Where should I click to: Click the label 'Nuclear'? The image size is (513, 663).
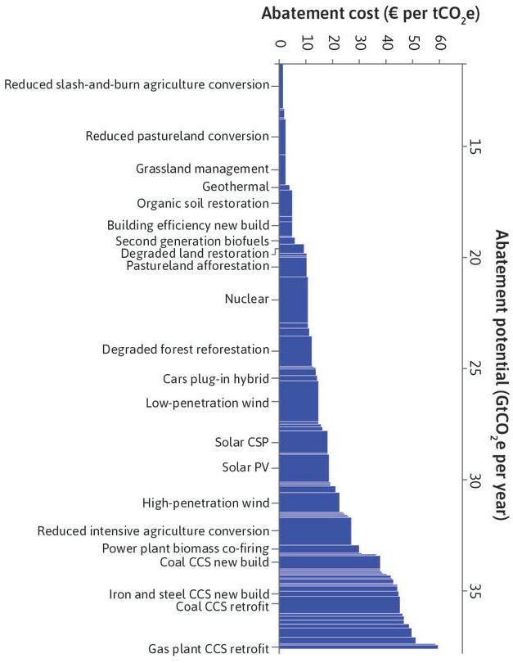point(246,300)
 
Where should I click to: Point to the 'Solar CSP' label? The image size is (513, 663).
point(241,443)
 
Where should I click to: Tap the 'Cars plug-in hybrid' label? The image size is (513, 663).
point(216,378)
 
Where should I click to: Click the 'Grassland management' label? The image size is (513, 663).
point(202,169)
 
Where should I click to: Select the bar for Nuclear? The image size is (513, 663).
point(293,300)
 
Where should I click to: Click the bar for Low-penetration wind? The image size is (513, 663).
point(298,402)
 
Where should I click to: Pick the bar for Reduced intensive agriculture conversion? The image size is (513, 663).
point(314,531)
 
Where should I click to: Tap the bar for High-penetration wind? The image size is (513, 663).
point(308,502)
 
